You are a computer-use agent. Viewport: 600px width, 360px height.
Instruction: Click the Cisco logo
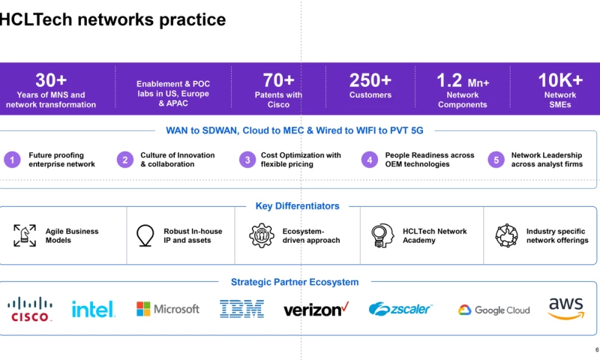coord(30,309)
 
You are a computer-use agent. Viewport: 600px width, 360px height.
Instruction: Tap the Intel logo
coord(93,309)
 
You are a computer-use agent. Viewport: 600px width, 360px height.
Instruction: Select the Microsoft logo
coord(167,309)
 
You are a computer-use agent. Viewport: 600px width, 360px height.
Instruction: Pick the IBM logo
coord(241,309)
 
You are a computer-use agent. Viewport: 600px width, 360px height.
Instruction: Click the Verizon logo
coord(316,309)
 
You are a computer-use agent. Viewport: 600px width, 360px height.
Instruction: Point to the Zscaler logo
coord(400,309)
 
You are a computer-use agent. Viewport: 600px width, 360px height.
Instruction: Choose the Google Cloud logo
coord(494,310)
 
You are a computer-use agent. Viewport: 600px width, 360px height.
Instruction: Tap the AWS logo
coord(566,308)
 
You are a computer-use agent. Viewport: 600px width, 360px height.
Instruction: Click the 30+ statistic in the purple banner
coord(51,80)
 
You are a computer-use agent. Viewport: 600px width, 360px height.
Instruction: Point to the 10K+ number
coord(560,80)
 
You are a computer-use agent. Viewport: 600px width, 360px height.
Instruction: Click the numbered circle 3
coord(247,160)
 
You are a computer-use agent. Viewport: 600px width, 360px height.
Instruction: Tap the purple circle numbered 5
coord(496,160)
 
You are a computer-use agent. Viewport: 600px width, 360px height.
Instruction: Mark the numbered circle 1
coord(12,160)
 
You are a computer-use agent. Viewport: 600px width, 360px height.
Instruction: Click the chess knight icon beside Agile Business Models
coord(25,235)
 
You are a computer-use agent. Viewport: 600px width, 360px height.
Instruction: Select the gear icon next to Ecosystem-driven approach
coord(262,235)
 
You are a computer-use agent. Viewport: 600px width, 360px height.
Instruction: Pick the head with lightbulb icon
coord(382,235)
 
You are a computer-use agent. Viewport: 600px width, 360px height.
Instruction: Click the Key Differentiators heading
coord(297,205)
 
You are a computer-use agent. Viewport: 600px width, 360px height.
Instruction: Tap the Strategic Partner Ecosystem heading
coord(295,282)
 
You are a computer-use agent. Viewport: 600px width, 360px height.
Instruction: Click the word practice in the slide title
coord(193,20)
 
